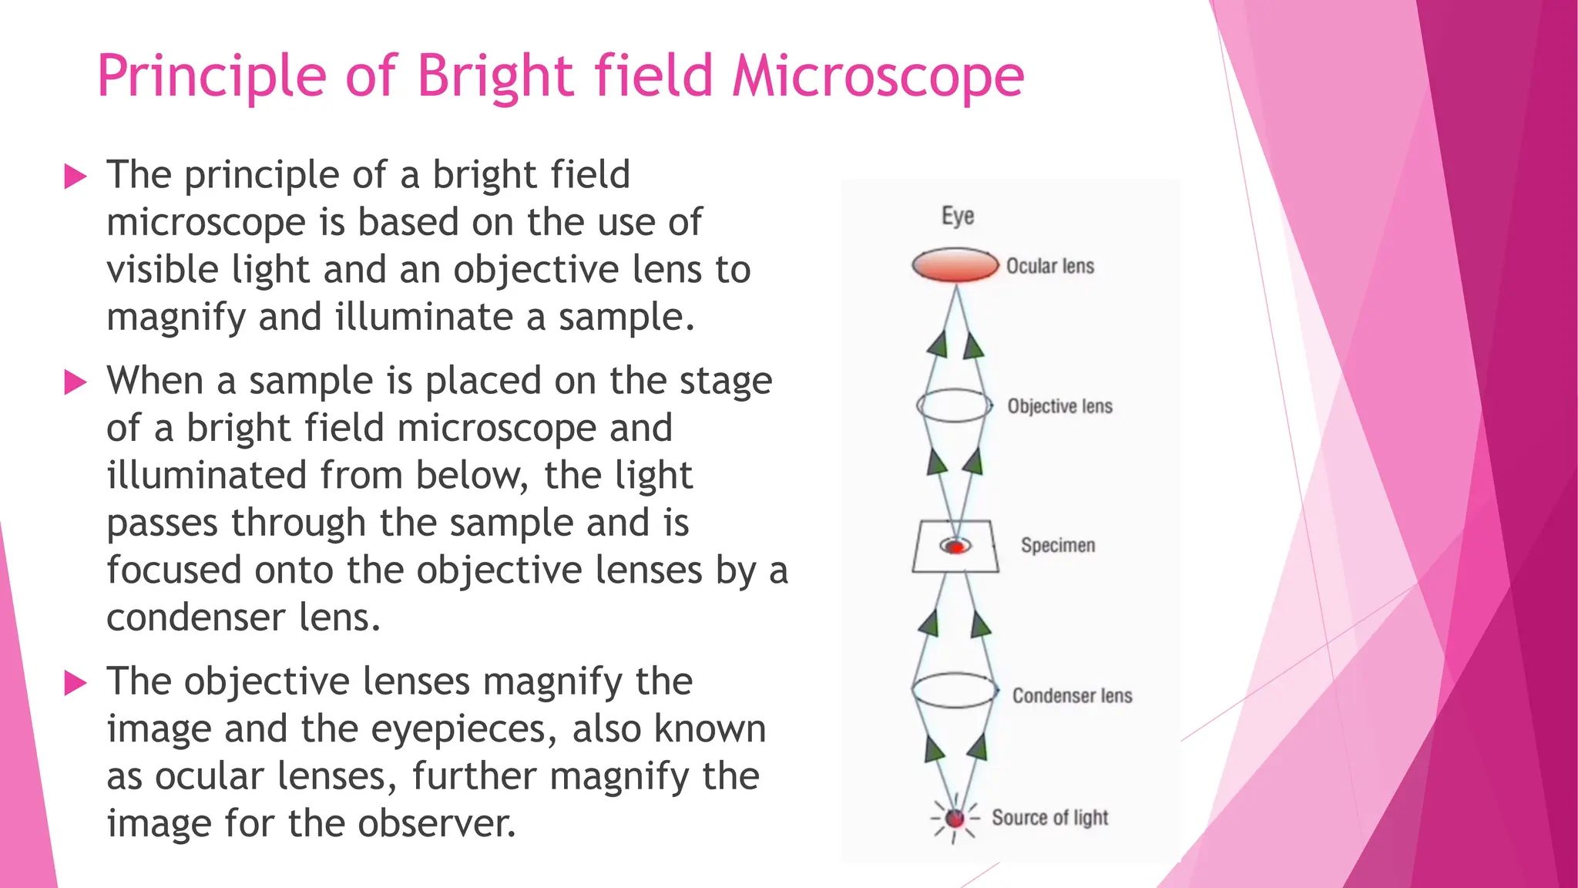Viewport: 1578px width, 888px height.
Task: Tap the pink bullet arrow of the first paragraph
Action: (x=76, y=177)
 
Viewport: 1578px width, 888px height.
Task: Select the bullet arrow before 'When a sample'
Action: (x=76, y=382)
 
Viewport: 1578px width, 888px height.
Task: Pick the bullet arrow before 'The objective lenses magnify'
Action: (x=76, y=682)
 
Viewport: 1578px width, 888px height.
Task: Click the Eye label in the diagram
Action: (x=958, y=216)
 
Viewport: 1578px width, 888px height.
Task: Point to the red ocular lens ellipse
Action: (x=955, y=265)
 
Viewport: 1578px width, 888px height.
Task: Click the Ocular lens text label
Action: (x=1050, y=266)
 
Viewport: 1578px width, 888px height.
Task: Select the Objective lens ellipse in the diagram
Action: (x=954, y=405)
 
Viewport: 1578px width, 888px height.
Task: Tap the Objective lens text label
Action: (x=1060, y=406)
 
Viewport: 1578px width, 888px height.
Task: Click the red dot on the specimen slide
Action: (x=956, y=547)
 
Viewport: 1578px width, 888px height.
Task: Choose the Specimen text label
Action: (x=1058, y=546)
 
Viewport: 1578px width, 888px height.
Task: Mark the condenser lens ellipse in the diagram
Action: (x=955, y=690)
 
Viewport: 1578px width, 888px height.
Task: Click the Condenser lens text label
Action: (x=1072, y=695)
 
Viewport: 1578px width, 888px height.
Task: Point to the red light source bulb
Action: (x=955, y=818)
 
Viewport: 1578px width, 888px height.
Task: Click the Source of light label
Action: (x=1049, y=817)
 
